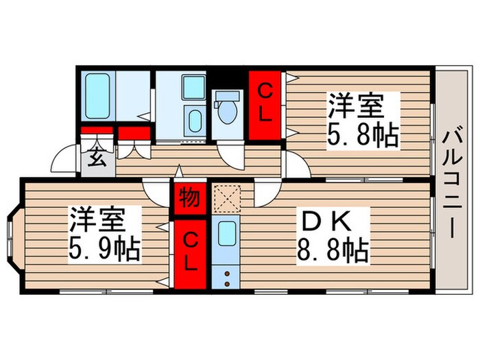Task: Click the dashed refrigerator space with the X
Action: (225, 200)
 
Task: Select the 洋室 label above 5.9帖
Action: (96, 221)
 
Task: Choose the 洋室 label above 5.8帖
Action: (355, 108)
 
